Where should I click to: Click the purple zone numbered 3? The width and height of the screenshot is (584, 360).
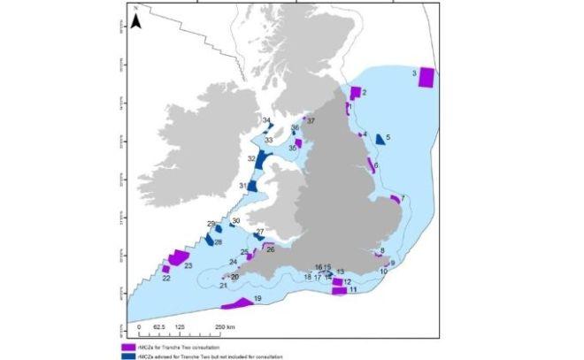pos(426,77)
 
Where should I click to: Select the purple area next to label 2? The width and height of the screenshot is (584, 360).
pos(355,93)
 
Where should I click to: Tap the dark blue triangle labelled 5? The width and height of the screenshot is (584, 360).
pos(380,140)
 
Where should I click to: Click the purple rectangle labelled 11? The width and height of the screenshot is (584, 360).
pos(338,290)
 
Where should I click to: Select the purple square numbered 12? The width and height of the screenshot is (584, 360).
pos(337,281)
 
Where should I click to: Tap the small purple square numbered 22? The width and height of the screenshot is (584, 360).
pos(165,269)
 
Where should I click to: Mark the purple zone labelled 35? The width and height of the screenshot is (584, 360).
pos(299,143)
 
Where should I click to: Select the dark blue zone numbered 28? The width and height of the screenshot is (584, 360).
pos(210,239)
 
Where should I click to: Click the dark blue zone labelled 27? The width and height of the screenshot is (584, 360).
pos(258,237)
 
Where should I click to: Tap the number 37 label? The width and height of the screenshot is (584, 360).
pos(310,121)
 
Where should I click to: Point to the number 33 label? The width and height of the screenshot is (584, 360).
pos(267,140)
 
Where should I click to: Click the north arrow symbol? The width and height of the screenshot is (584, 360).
pos(135,21)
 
